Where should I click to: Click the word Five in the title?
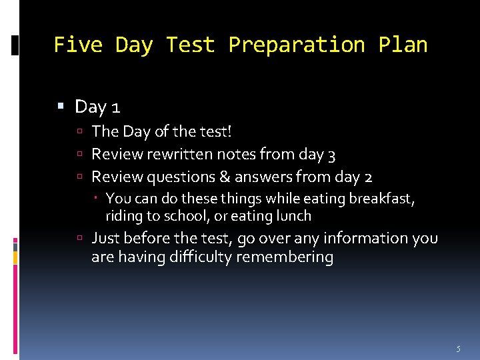(x=77, y=45)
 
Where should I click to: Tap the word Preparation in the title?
(x=296, y=45)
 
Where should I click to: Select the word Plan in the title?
(x=403, y=45)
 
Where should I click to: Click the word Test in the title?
(x=190, y=45)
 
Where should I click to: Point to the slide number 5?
(x=458, y=349)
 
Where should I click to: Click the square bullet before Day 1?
(x=61, y=107)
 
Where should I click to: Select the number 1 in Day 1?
(x=115, y=107)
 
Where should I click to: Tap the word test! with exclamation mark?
(x=212, y=132)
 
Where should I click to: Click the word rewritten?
(x=179, y=155)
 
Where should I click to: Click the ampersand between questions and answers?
(x=223, y=177)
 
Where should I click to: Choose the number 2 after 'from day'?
(x=368, y=177)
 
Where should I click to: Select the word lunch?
(x=294, y=215)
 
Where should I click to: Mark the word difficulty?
(x=193, y=257)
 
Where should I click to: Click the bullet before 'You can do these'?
(x=98, y=198)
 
